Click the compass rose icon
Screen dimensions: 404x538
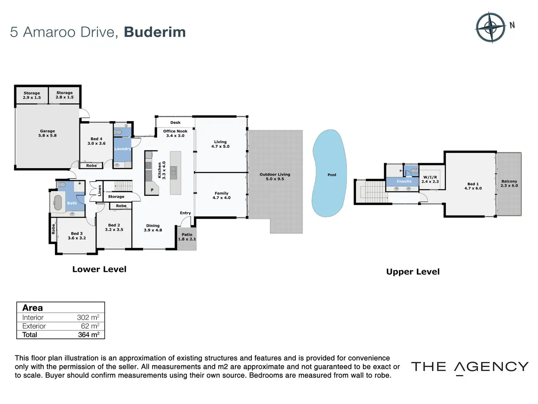coord(490,27)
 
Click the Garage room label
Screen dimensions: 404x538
coord(48,133)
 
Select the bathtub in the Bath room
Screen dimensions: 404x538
coord(58,203)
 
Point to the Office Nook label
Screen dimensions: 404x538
coord(175,133)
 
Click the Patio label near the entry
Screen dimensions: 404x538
coord(187,237)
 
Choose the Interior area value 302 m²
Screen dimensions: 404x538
coord(88,318)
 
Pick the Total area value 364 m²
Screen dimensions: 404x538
coord(88,334)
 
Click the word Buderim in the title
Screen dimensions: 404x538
coord(155,32)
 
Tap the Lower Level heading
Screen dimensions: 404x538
coord(99,269)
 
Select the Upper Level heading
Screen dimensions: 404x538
coord(413,272)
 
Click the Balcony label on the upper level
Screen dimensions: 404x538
coord(509,183)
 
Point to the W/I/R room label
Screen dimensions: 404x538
coord(430,179)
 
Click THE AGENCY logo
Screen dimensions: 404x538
coord(470,367)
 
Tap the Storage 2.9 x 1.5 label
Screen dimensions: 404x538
coord(32,95)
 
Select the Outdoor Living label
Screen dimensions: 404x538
coord(275,176)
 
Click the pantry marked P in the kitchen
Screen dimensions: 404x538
coord(152,190)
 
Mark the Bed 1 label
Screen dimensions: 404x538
coord(473,186)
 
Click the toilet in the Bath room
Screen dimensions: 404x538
coord(62,184)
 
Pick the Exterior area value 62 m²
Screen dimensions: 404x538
coord(90,326)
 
